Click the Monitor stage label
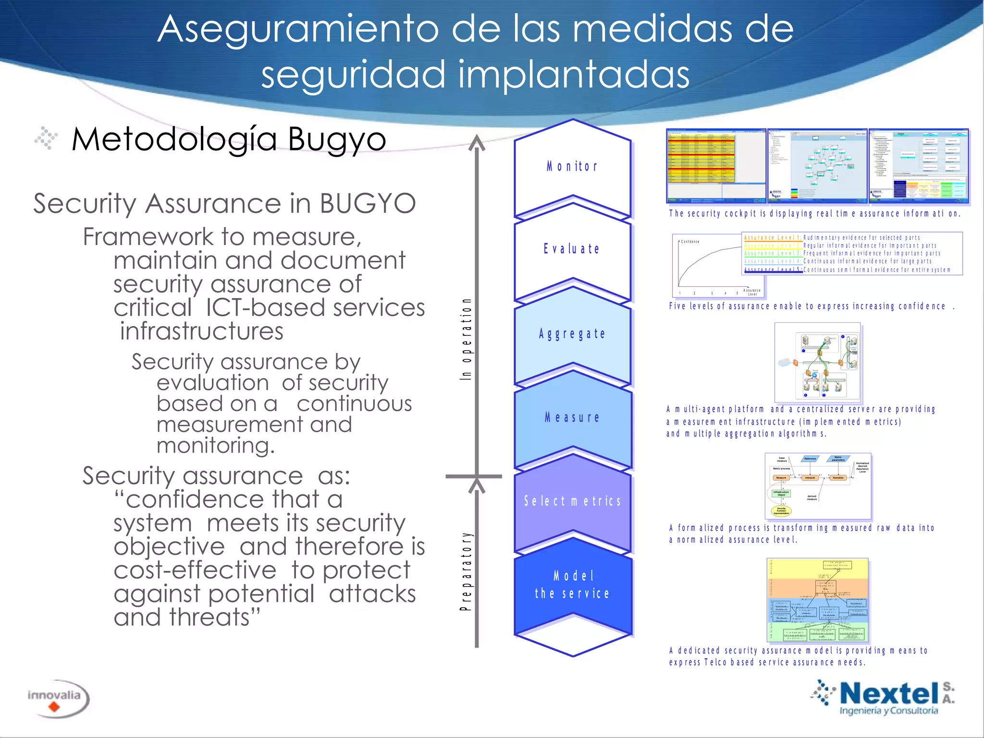(x=572, y=167)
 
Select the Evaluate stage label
(x=572, y=249)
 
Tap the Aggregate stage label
(x=572, y=333)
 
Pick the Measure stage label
(x=572, y=418)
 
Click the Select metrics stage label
(x=572, y=501)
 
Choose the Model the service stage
(x=572, y=585)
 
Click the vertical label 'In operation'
(x=466, y=339)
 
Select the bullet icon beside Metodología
(x=46, y=138)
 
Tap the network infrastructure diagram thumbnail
(x=817, y=362)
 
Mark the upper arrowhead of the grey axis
(x=477, y=143)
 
